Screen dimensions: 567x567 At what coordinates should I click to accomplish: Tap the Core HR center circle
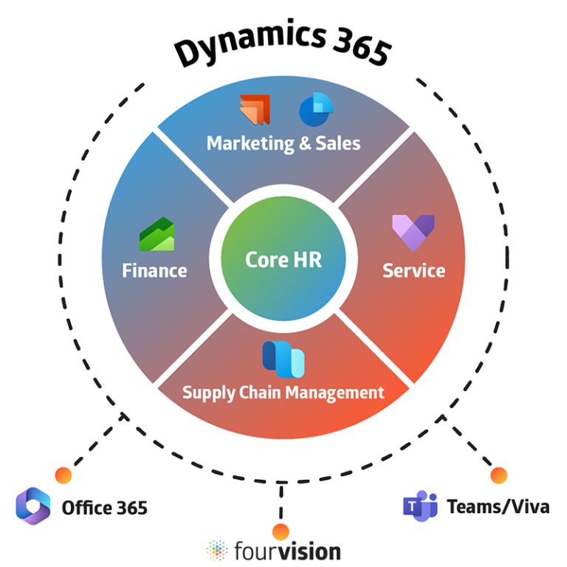click(x=283, y=260)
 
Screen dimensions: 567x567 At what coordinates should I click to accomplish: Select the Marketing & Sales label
click(x=283, y=142)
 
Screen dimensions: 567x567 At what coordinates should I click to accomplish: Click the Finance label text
click(x=154, y=270)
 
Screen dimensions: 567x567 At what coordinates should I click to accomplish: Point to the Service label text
click(x=413, y=270)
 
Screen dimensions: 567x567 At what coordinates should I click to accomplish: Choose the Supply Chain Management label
click(x=283, y=391)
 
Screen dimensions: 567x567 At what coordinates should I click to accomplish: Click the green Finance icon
click(x=157, y=235)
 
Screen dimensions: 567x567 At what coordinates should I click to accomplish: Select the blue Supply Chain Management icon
click(x=283, y=358)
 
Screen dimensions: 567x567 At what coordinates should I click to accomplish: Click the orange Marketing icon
click(x=255, y=109)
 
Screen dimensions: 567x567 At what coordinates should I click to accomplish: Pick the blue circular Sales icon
click(x=313, y=109)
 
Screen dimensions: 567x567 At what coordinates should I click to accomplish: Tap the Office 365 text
click(x=104, y=508)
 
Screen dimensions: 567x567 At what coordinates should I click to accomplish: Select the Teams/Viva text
click(x=498, y=507)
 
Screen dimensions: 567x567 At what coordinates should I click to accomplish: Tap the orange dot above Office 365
click(x=63, y=475)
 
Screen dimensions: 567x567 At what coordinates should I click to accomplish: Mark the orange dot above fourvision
click(x=280, y=530)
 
